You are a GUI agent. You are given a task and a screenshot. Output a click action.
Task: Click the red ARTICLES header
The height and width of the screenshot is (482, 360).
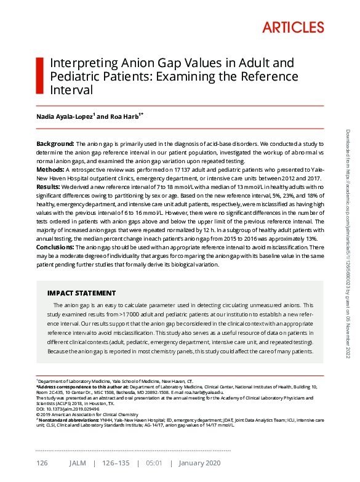click(x=293, y=28)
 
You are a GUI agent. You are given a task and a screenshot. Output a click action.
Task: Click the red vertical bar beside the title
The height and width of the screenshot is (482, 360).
click(x=40, y=76)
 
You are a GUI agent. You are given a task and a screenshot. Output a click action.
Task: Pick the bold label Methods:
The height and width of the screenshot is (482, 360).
click(x=50, y=169)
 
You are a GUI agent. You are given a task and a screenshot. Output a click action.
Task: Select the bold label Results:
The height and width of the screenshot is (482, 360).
click(x=49, y=186)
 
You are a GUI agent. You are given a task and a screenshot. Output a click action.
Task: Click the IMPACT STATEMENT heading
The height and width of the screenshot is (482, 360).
click(x=81, y=292)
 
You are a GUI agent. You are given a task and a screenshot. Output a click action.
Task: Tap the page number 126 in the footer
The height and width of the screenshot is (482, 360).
click(x=42, y=463)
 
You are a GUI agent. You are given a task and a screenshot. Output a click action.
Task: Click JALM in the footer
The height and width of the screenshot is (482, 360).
click(x=78, y=463)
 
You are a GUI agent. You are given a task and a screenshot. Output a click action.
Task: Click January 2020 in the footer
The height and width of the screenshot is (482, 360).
click(x=200, y=463)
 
